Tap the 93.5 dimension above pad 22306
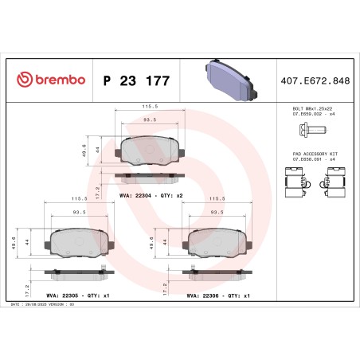click(x=215, y=213)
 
